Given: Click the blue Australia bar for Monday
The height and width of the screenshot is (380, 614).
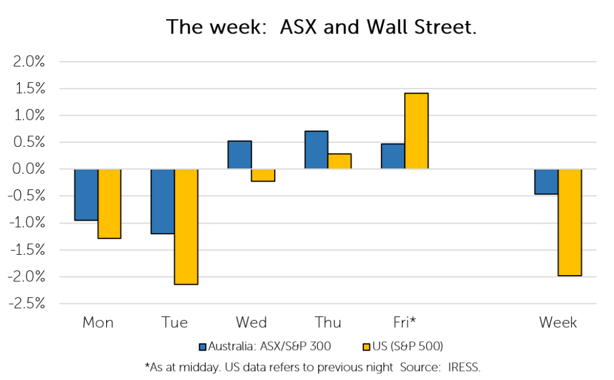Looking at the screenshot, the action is (x=86, y=195).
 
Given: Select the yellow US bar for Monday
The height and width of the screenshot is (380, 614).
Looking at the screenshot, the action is (x=109, y=204).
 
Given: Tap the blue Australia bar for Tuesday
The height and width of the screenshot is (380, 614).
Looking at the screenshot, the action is (x=163, y=201).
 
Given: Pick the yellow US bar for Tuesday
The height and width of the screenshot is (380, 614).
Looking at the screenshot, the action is (x=186, y=227).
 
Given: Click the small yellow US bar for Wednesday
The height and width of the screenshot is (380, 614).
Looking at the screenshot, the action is (x=263, y=176).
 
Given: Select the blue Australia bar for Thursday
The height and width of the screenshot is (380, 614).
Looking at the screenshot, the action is (x=317, y=150).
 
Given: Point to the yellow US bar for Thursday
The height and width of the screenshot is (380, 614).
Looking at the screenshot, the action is (x=339, y=161).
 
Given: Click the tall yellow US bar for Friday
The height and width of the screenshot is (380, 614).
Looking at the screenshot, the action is (x=416, y=131).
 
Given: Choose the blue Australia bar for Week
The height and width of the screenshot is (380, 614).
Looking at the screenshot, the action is (x=547, y=182).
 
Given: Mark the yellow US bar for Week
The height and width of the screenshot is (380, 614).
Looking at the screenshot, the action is (x=570, y=223).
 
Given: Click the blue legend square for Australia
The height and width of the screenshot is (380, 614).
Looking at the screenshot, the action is (x=203, y=347).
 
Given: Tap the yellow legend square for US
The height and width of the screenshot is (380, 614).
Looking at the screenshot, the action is (x=366, y=347).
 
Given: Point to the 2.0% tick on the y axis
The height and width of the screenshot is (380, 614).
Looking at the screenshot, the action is (x=29, y=62).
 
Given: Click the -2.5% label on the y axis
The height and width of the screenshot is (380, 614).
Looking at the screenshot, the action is (x=26, y=304).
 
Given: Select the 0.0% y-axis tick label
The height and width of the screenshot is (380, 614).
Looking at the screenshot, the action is (x=29, y=169).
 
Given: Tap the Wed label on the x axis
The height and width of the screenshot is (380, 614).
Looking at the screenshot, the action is (x=251, y=322).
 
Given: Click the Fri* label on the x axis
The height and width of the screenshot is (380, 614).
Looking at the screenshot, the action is (x=405, y=322).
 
